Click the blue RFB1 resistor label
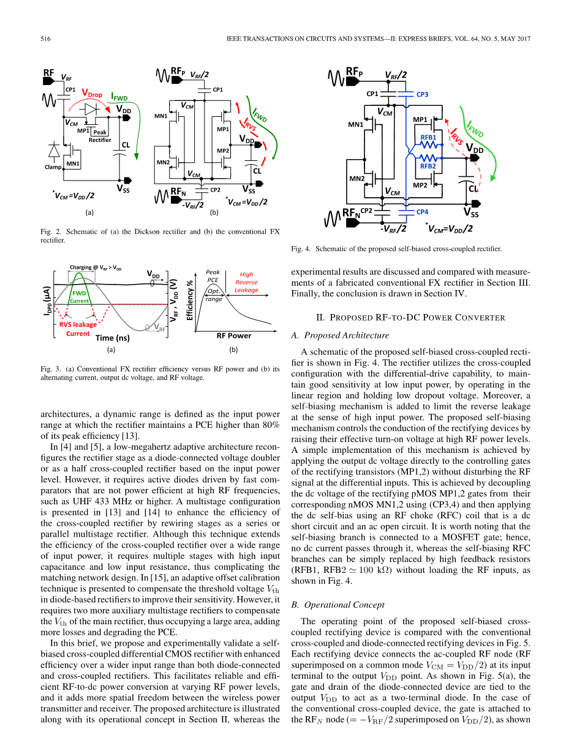click(x=428, y=138)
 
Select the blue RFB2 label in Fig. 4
click(x=428, y=166)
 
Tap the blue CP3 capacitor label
click(x=422, y=94)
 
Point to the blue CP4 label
click(x=422, y=212)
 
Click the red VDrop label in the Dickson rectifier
click(x=92, y=95)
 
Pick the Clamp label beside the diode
click(x=53, y=166)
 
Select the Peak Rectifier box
click(x=100, y=136)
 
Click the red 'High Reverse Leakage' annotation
click(x=246, y=282)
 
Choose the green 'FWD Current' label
click(x=79, y=297)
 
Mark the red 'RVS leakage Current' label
click(x=78, y=329)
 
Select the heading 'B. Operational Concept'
click(x=338, y=605)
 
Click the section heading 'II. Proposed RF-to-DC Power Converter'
click(x=410, y=317)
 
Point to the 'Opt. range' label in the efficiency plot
click(x=214, y=296)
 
